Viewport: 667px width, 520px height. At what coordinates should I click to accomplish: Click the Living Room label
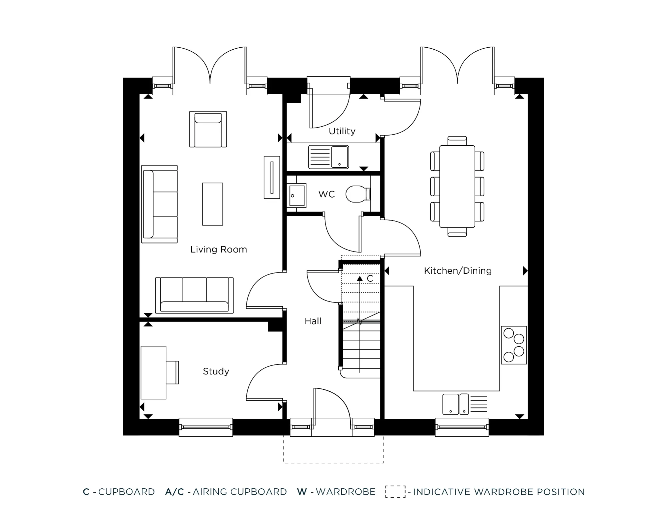click(x=218, y=250)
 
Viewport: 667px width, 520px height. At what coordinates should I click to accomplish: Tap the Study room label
click(x=216, y=371)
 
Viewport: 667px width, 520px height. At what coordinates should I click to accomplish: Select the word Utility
click(x=342, y=131)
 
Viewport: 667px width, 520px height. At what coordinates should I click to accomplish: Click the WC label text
click(x=326, y=194)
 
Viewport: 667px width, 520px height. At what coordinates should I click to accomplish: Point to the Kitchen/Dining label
click(x=458, y=271)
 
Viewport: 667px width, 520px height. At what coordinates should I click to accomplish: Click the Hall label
click(x=313, y=321)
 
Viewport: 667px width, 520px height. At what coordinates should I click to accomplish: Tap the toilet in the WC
click(x=357, y=194)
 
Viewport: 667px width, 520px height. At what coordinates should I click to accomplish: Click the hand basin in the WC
click(x=296, y=196)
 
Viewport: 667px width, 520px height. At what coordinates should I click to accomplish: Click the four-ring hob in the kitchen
click(x=514, y=345)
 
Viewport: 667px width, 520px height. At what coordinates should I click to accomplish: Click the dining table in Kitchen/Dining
click(x=457, y=186)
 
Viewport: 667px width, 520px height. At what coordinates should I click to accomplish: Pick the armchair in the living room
click(x=208, y=129)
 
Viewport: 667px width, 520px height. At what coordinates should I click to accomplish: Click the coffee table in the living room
click(x=212, y=204)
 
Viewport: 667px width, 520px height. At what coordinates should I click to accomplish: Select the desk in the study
click(x=153, y=372)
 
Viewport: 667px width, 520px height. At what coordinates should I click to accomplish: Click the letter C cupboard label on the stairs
click(x=370, y=278)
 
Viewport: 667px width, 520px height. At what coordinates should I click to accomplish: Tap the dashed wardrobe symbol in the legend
click(x=395, y=492)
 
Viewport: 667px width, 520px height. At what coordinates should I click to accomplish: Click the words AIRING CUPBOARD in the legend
click(x=239, y=492)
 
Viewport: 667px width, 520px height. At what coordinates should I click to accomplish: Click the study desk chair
click(x=173, y=372)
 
